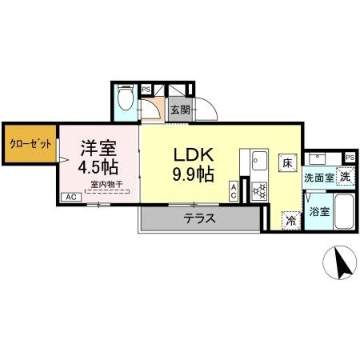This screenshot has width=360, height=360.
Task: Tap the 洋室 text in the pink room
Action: point(99,149)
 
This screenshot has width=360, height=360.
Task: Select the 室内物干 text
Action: point(106,185)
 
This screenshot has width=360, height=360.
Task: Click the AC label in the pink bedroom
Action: point(70,197)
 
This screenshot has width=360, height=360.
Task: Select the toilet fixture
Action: point(126,99)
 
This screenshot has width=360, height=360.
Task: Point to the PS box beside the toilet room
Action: point(146,90)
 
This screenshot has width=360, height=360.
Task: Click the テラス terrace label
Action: point(200,218)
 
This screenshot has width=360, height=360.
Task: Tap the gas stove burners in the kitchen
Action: point(259,191)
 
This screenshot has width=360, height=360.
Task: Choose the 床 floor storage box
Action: point(286,162)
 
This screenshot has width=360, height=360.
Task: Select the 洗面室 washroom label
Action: point(319,177)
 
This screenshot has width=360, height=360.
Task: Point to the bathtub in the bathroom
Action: point(344,211)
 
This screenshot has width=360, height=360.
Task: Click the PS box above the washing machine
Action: point(350,157)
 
